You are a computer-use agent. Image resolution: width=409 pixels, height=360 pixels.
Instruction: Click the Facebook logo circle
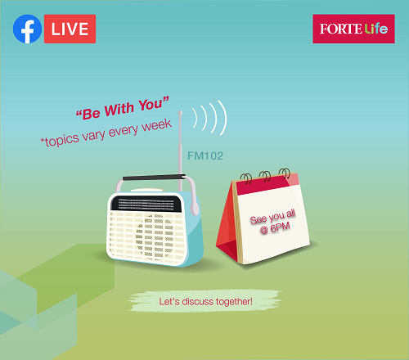(27, 29)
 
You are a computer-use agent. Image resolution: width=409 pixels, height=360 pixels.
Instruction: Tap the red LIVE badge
(70, 29)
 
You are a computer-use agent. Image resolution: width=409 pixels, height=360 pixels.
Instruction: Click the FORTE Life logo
(353, 29)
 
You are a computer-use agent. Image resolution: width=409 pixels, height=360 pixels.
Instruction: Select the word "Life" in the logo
(376, 29)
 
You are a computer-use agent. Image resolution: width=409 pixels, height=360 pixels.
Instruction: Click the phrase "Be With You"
(123, 108)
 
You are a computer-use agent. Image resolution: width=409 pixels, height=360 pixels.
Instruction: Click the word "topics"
(61, 140)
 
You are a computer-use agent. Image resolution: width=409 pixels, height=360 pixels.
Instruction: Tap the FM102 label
(205, 156)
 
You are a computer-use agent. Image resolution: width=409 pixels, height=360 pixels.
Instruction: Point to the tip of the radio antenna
(180, 111)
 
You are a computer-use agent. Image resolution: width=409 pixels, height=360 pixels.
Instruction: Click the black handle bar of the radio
(154, 178)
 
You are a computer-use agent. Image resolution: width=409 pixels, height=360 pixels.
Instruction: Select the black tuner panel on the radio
(146, 204)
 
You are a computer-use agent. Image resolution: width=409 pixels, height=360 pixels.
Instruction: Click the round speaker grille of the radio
(155, 236)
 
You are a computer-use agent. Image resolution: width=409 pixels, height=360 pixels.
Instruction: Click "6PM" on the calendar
(280, 227)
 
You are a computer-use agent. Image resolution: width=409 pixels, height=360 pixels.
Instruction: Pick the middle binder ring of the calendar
(265, 176)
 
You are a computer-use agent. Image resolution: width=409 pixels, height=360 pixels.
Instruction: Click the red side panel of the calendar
(227, 227)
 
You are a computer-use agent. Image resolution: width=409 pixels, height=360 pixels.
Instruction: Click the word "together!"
(234, 302)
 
